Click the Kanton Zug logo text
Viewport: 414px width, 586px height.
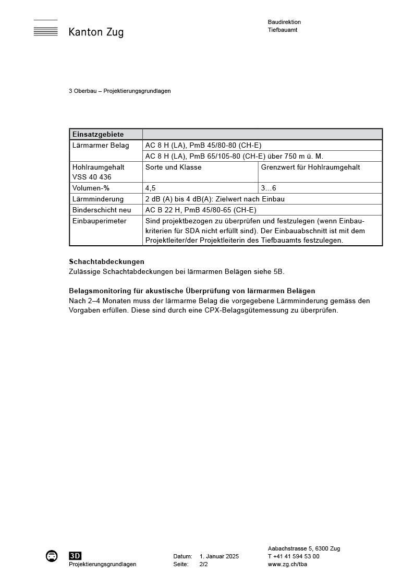pyautogui.click(x=96, y=32)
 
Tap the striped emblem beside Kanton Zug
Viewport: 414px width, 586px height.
pyautogui.click(x=45, y=29)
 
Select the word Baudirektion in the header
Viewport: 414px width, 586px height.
pyautogui.click(x=284, y=22)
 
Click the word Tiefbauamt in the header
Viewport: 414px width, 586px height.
pyautogui.click(x=282, y=30)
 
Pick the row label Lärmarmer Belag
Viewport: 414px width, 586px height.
pyautogui.click(x=101, y=145)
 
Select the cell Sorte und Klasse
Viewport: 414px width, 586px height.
pyautogui.click(x=174, y=168)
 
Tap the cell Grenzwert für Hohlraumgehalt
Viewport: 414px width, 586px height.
pyautogui.click(x=310, y=168)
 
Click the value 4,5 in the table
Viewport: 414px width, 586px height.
pyautogui.click(x=150, y=188)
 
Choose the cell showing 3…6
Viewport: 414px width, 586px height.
pyautogui.click(x=269, y=188)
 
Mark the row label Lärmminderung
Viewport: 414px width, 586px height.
pyautogui.click(x=98, y=199)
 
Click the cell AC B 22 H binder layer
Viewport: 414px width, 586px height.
pyautogui.click(x=201, y=210)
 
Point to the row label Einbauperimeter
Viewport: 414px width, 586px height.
pyautogui.click(x=99, y=221)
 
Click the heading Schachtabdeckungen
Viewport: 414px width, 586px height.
pyautogui.click(x=106, y=261)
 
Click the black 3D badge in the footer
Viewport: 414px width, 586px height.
pyautogui.click(x=75, y=556)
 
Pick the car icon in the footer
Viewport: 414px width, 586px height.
pyautogui.click(x=52, y=556)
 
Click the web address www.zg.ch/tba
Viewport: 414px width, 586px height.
pyautogui.click(x=287, y=564)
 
